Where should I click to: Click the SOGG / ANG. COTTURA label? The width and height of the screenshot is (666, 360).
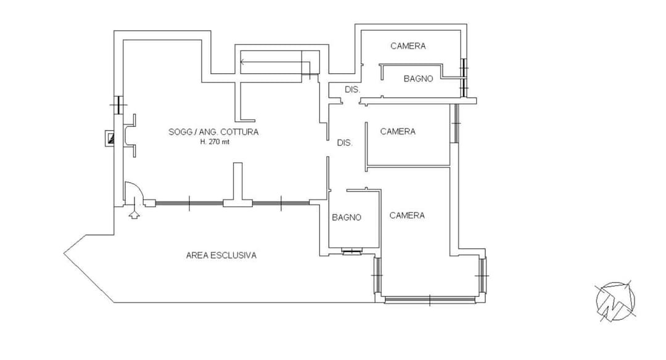[x=213, y=132]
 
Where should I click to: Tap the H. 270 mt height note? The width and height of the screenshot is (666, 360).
[x=215, y=142]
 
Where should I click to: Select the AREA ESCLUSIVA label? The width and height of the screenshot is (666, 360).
[x=221, y=256]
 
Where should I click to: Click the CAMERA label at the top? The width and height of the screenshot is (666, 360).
[x=408, y=46]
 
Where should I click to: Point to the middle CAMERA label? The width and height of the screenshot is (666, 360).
[x=398, y=131]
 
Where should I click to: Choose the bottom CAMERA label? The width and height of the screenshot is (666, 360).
[x=407, y=216]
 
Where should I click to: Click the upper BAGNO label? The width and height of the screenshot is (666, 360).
[x=418, y=78]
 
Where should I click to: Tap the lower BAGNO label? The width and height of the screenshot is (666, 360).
[x=347, y=218]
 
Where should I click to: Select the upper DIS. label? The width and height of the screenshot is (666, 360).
[x=352, y=90]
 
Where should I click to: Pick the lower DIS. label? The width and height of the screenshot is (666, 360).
[x=345, y=143]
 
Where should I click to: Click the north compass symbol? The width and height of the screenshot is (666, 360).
[x=615, y=301]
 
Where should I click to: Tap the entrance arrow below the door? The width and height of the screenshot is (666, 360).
[x=134, y=211]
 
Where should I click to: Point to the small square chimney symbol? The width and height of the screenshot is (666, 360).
[x=110, y=139]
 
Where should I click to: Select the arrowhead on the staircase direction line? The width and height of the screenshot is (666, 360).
[x=242, y=62]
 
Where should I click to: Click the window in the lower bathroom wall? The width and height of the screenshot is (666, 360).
[x=352, y=252]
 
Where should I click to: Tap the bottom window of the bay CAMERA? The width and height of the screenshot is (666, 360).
[x=429, y=300]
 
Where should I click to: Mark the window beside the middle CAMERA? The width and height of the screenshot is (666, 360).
[x=455, y=123]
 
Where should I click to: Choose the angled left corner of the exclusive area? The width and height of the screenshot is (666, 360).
[x=64, y=253]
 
